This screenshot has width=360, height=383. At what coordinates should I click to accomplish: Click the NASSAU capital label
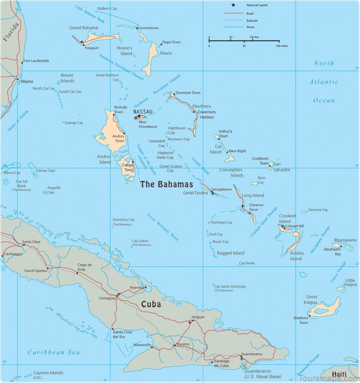point(143,111)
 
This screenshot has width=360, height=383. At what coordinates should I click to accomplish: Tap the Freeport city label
point(91,48)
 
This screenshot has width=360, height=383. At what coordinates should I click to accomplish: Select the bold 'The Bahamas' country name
point(166,184)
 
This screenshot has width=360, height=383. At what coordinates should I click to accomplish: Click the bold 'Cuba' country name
point(151,304)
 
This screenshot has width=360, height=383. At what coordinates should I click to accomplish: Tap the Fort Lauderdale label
point(36,61)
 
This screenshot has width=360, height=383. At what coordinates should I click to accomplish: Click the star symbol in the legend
point(234,5)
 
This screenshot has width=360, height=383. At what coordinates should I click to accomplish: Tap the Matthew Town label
point(301,320)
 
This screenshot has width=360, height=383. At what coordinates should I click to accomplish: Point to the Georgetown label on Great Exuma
point(221,189)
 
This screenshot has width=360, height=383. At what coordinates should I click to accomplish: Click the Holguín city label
point(198,317)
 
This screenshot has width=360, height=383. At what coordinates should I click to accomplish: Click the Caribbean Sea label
point(54,352)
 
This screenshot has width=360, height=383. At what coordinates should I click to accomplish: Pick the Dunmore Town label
point(188,93)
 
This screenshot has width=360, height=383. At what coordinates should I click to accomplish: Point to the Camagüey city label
point(107,298)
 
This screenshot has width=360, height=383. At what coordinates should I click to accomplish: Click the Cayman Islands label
point(48,373)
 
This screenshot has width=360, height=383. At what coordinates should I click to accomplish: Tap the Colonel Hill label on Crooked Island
point(295,226)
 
